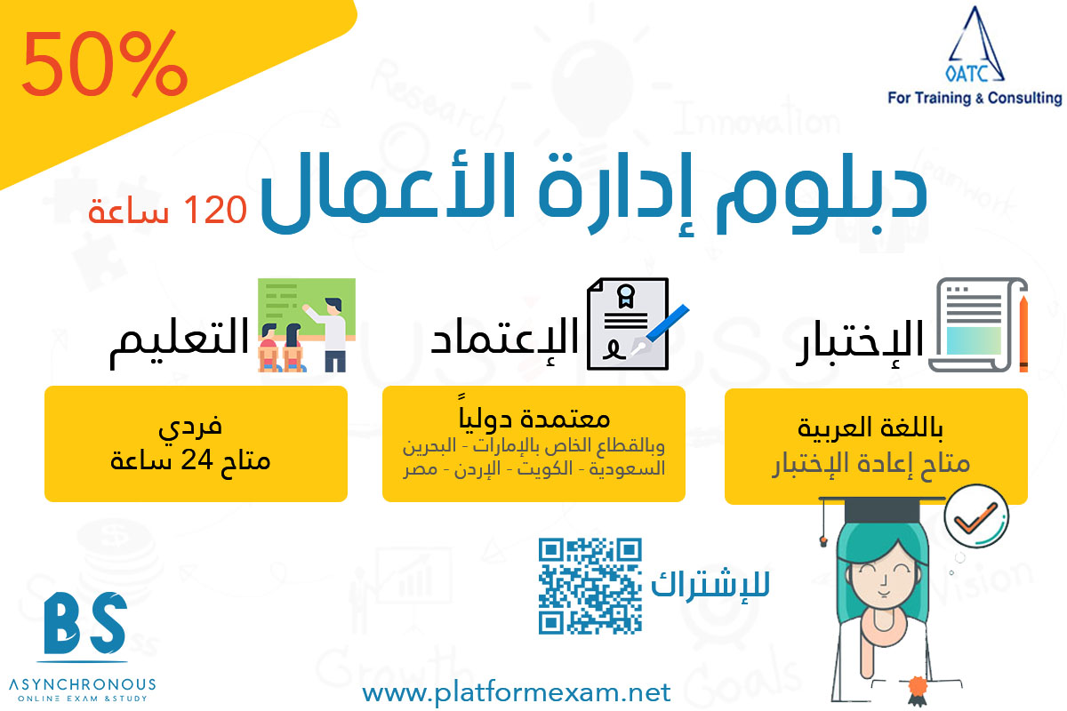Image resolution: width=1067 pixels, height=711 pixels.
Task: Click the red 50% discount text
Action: (104, 63)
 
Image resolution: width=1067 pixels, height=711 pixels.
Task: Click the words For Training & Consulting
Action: (975, 98)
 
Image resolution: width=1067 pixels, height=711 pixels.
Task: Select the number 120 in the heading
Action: (215, 210)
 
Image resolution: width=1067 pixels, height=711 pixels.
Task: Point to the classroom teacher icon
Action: (307, 325)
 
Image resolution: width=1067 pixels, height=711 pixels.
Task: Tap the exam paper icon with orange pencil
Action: (978, 324)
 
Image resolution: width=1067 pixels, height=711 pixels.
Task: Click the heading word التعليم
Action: (180, 341)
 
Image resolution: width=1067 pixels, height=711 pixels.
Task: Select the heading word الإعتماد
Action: (504, 340)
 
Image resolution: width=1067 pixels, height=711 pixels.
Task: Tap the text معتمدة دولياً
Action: (534, 415)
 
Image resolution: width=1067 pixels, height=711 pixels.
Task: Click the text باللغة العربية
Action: (870, 427)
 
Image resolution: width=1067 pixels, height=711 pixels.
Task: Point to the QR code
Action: (590, 587)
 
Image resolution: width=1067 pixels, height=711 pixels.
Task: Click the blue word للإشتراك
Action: (710, 585)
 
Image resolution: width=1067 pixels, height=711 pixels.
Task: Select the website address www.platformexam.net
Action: (517, 693)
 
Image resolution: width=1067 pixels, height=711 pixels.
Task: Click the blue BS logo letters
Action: (84, 623)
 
